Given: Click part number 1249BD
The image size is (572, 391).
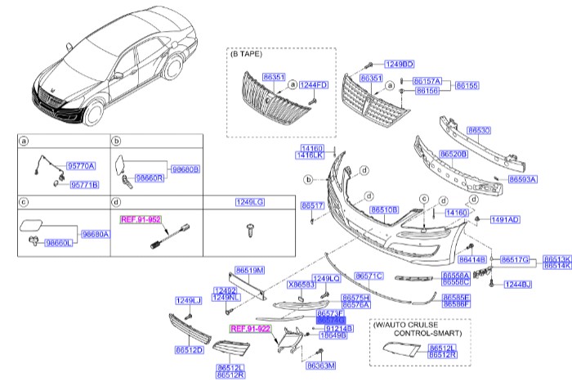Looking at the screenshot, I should [x=400, y=63].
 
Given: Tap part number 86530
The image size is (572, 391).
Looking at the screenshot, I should [x=479, y=130].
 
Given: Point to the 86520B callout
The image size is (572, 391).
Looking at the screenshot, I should [x=454, y=153].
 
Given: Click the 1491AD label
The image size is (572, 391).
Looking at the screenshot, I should [x=504, y=220].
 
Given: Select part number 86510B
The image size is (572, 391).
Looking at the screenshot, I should [x=384, y=209].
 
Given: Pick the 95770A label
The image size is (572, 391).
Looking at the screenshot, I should [x=82, y=166].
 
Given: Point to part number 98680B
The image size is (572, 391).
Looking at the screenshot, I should [x=185, y=169].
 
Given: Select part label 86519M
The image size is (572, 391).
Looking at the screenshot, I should [x=249, y=269].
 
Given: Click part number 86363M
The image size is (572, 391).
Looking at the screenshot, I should [x=321, y=366].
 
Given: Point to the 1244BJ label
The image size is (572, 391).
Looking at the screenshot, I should [x=516, y=285].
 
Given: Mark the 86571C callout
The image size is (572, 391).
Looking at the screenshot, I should [x=369, y=276].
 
